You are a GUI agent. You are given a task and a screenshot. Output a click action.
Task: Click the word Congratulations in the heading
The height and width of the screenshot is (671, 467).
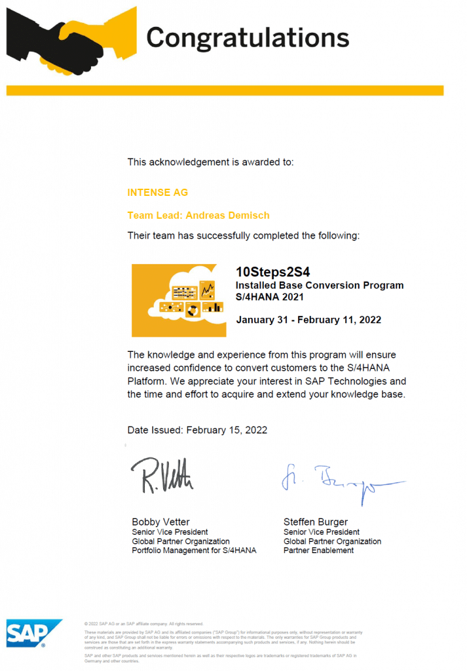coord(247,37)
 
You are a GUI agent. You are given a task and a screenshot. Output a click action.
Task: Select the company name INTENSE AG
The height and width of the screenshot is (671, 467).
coord(157,193)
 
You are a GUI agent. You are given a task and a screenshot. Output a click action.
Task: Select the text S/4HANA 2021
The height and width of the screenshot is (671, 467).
coord(270,297)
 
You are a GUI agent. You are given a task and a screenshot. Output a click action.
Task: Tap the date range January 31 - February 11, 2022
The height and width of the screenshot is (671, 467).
coord(308,320)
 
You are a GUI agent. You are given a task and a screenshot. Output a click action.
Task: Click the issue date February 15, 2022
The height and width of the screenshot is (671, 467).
coord(227,430)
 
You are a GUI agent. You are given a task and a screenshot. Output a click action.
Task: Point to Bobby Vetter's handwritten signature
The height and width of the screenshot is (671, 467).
coord(161,475)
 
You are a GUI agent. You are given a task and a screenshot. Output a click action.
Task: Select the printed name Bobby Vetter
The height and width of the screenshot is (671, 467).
coord(161,522)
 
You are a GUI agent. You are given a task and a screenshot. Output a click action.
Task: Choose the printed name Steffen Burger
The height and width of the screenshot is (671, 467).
coord(316,522)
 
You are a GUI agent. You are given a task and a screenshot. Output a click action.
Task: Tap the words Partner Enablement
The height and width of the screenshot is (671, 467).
coord(318,550)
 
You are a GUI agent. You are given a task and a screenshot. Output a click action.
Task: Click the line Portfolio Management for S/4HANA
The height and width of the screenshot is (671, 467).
coord(194,550)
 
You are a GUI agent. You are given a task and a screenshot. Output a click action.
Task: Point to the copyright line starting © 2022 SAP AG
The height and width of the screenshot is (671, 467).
coord(144,624)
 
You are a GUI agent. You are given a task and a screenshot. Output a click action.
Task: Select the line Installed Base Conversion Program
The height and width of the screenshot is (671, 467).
coord(320,285)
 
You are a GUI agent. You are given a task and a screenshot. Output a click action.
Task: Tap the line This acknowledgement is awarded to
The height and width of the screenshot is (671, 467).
coord(210,161)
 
